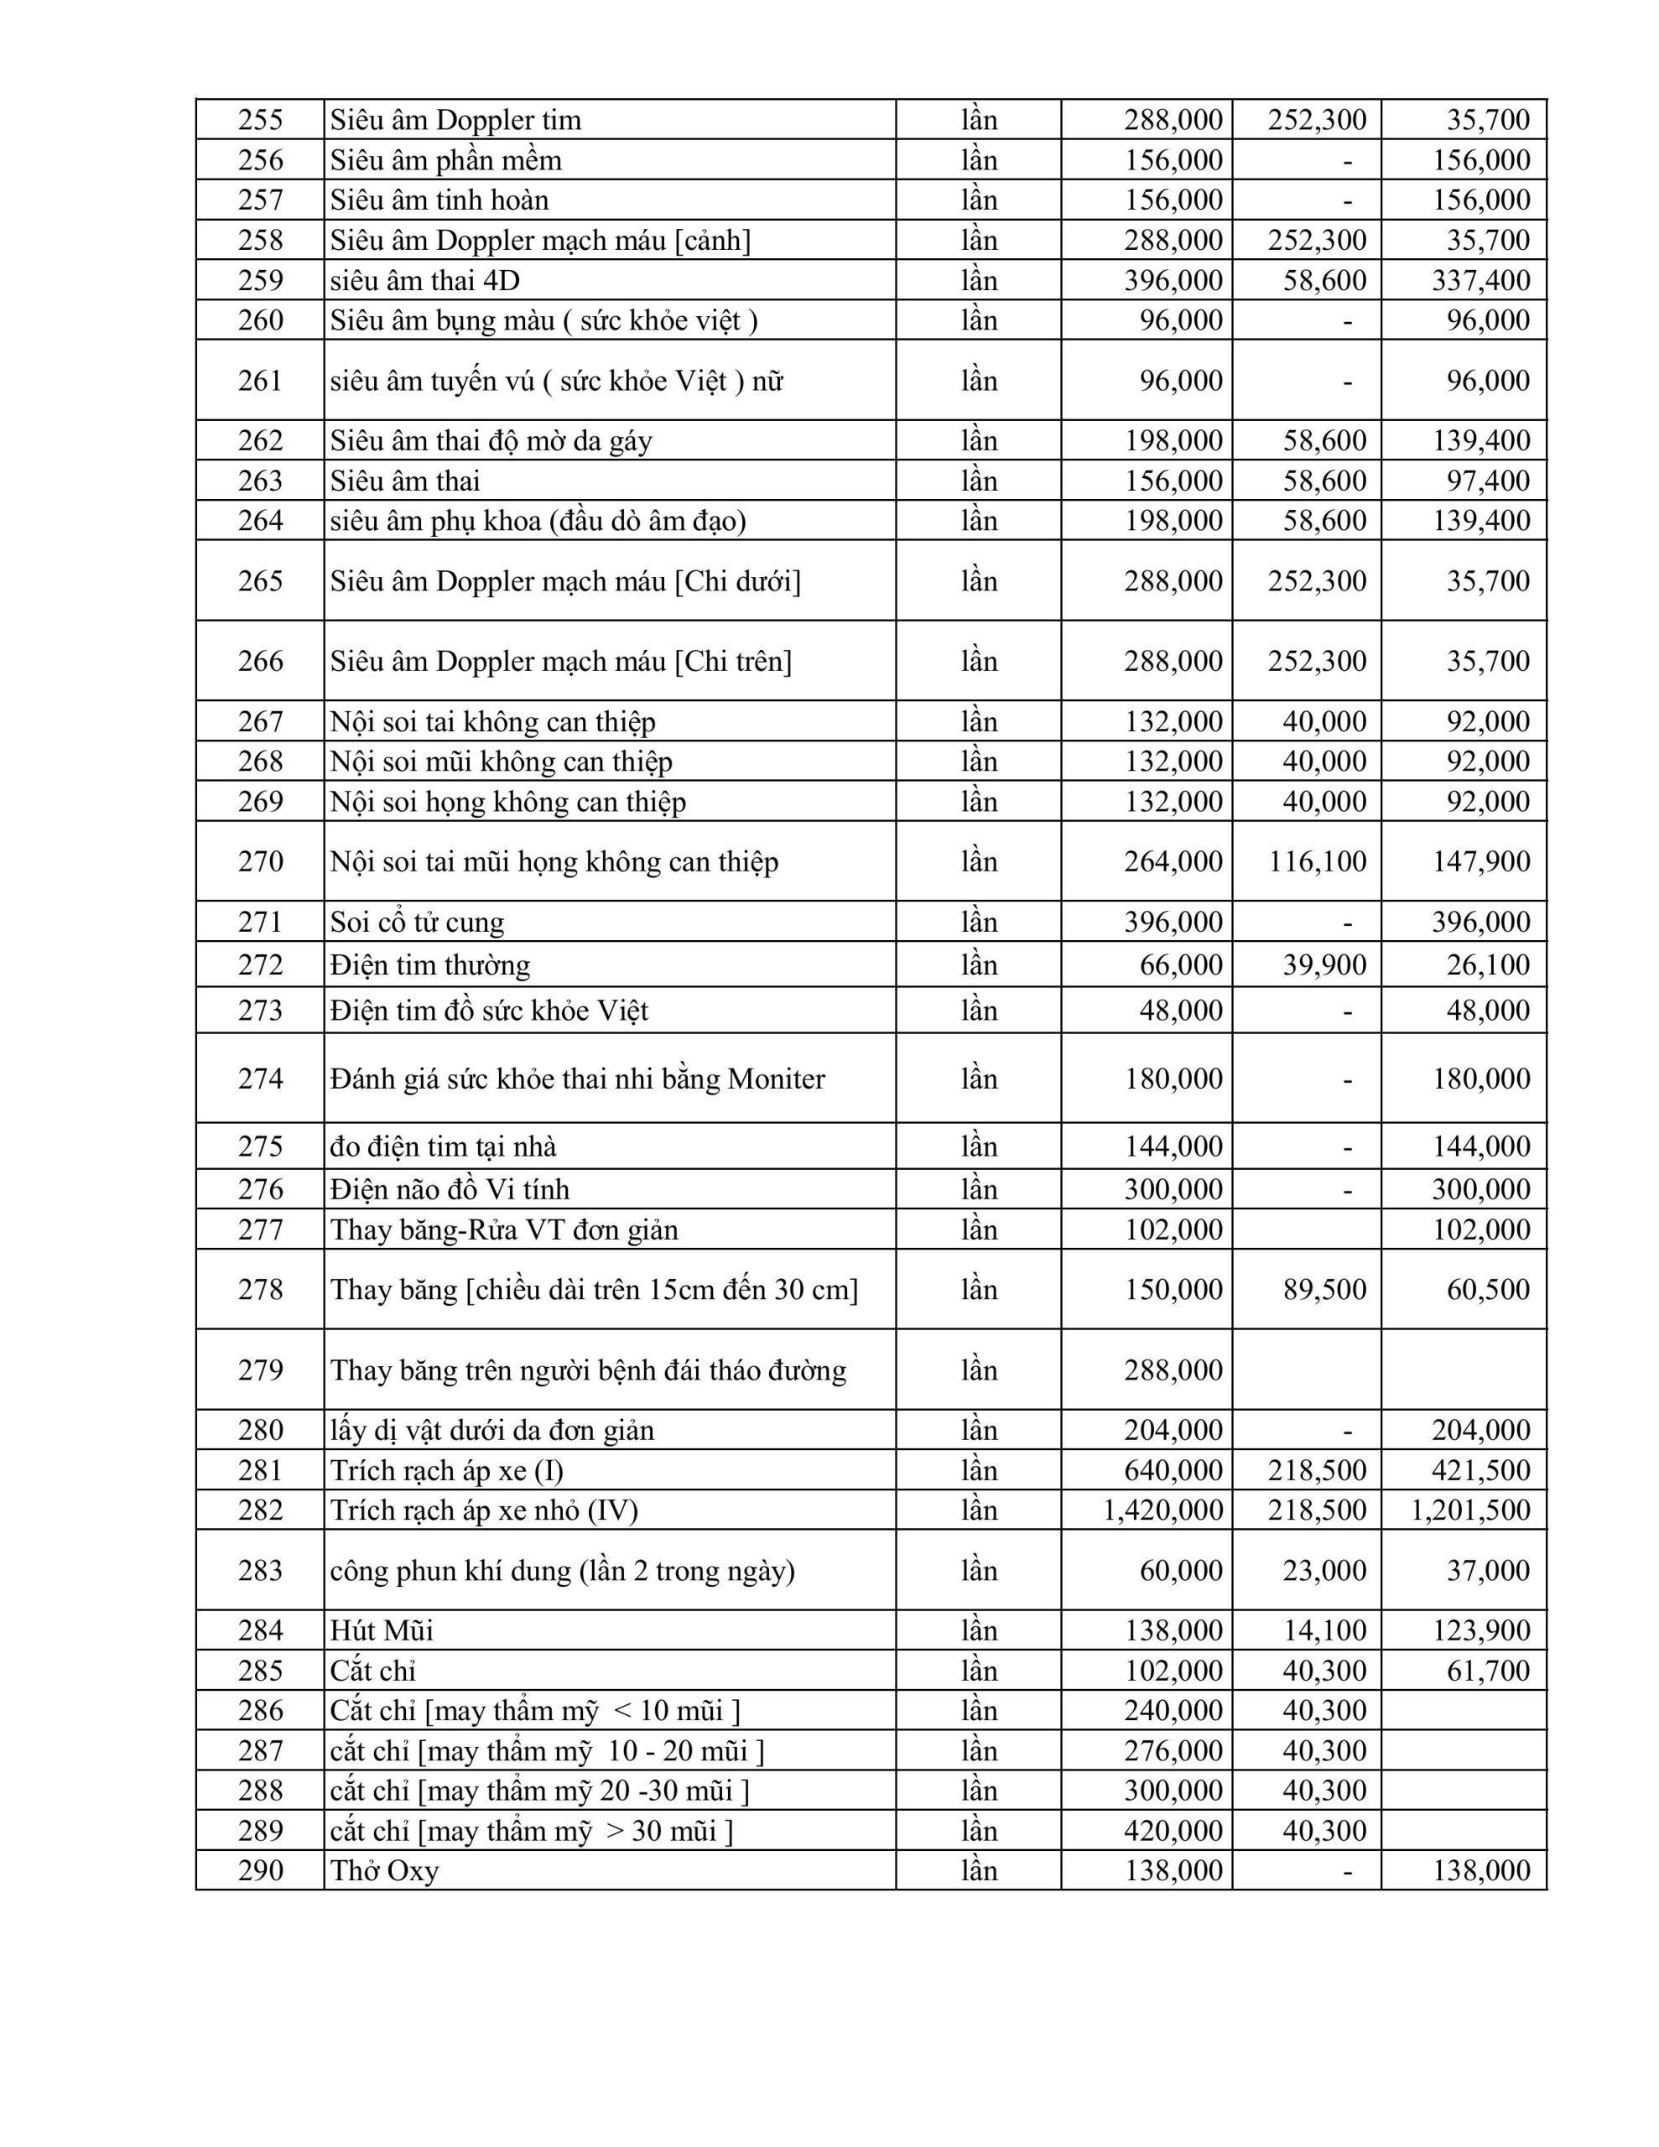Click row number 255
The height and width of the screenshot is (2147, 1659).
coord(260,120)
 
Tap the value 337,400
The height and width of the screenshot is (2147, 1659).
coord(1480,280)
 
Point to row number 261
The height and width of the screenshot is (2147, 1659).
coord(260,381)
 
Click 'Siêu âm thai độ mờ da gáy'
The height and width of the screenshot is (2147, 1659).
coord(491,440)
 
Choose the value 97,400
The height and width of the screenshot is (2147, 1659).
coord(1487,481)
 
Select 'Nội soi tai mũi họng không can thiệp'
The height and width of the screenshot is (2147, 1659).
coord(554,861)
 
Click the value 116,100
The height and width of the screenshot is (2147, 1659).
coord(1317,861)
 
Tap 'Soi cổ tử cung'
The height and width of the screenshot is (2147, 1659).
coord(417,922)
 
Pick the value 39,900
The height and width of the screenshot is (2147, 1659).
coord(1324,964)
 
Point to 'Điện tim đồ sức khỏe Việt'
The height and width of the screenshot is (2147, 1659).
coord(489,1011)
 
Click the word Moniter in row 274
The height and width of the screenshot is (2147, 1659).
coord(776,1079)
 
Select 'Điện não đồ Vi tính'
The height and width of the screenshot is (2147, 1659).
coord(450,1189)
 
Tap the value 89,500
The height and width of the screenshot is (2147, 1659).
coord(1324,1289)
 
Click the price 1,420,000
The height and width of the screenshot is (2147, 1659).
coord(1162,1510)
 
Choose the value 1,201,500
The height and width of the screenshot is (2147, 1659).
coord(1470,1510)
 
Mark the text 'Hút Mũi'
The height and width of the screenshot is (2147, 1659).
coord(382,1631)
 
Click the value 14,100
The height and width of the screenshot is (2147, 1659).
coord(1324,1631)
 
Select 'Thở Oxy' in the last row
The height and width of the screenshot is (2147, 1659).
coord(384,1871)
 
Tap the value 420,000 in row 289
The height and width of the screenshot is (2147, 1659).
coord(1173,1831)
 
